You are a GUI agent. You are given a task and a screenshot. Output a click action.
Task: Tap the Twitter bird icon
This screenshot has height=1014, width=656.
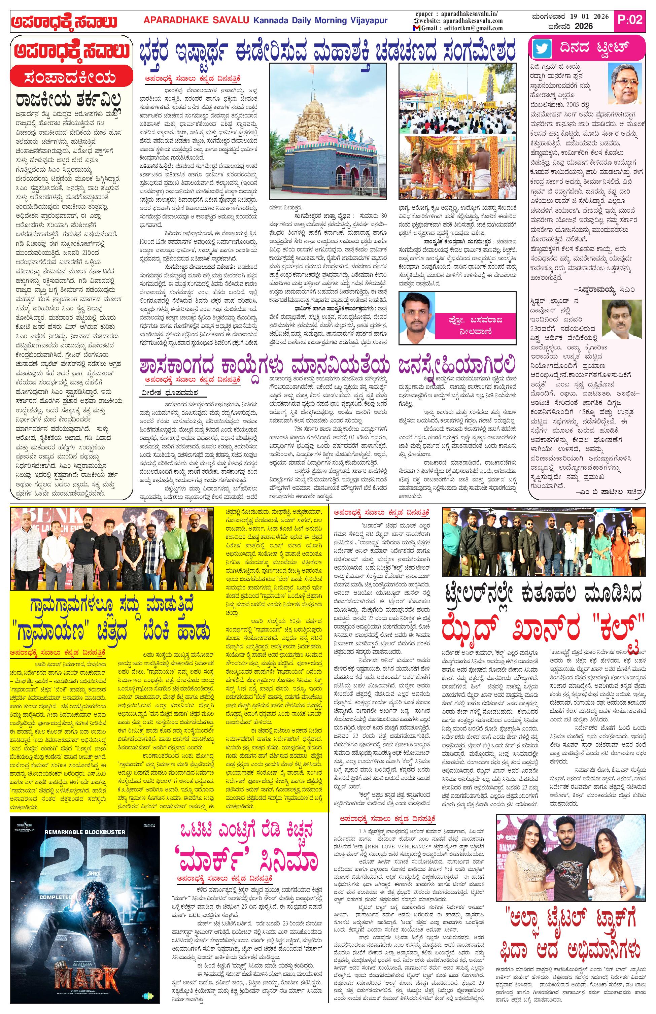(x=542, y=48)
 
